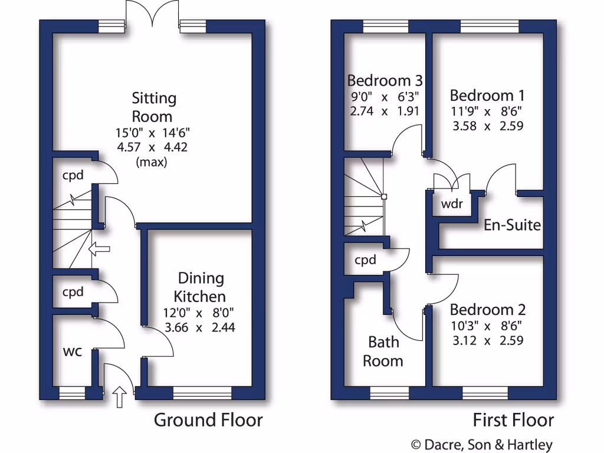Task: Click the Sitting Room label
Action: coord(153,107)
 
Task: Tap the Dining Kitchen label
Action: coord(201,287)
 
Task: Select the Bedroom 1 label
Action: coord(487,96)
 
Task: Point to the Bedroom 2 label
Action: coord(487,310)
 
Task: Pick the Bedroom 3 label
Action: coord(385,80)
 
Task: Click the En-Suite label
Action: coord(512,225)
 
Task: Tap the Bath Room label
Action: coord(383,352)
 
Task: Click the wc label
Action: coord(73,352)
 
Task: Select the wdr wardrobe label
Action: coord(452,204)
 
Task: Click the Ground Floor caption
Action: coord(208,420)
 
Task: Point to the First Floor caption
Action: coord(513,420)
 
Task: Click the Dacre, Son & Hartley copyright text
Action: coord(481,445)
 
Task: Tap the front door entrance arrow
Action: coord(120,397)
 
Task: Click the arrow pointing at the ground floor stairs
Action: coord(100,250)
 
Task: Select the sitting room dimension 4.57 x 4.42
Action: coord(153,147)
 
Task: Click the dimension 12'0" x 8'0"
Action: coord(201,313)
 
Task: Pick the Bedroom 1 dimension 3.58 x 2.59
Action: coord(487,126)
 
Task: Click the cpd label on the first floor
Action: coord(366,260)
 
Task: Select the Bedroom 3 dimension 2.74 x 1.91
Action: coord(385,110)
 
